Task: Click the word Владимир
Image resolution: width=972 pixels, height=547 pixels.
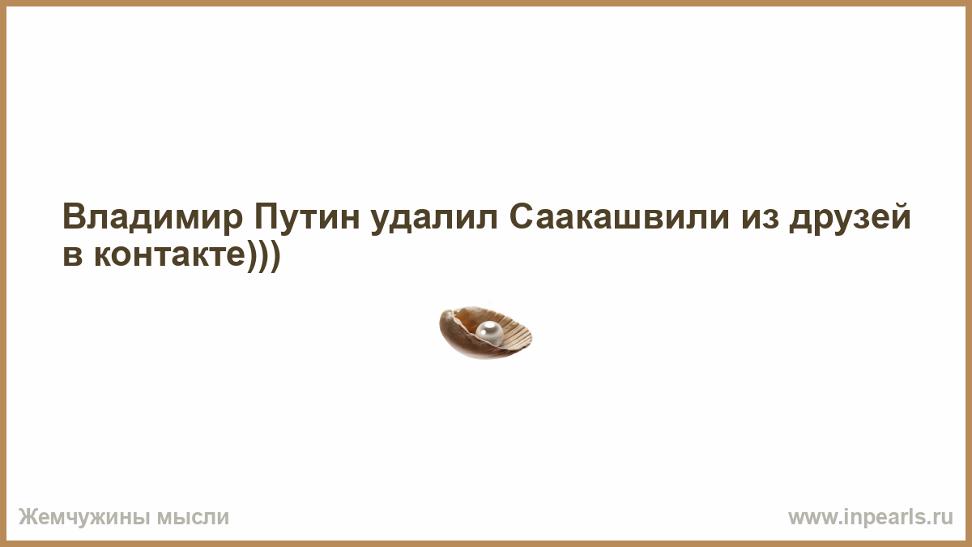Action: coord(152,216)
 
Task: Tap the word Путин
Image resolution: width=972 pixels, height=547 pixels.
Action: coord(307,216)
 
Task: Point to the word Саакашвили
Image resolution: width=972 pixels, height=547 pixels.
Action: coord(619,216)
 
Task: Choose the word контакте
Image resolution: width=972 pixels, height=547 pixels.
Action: coord(169,254)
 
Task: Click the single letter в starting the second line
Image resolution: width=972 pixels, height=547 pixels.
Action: coord(72,256)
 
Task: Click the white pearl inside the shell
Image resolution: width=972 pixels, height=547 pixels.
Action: coord(489,334)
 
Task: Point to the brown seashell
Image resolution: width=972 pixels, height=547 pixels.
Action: coord(485,332)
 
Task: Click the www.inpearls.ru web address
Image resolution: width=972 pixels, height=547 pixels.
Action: coord(871,517)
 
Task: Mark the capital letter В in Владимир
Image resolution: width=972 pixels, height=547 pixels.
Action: coord(75,216)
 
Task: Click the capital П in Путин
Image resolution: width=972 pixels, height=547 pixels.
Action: coord(265,216)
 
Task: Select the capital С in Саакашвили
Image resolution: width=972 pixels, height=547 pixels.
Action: coord(521,216)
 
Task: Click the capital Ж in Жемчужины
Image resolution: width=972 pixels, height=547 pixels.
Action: coord(28,517)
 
